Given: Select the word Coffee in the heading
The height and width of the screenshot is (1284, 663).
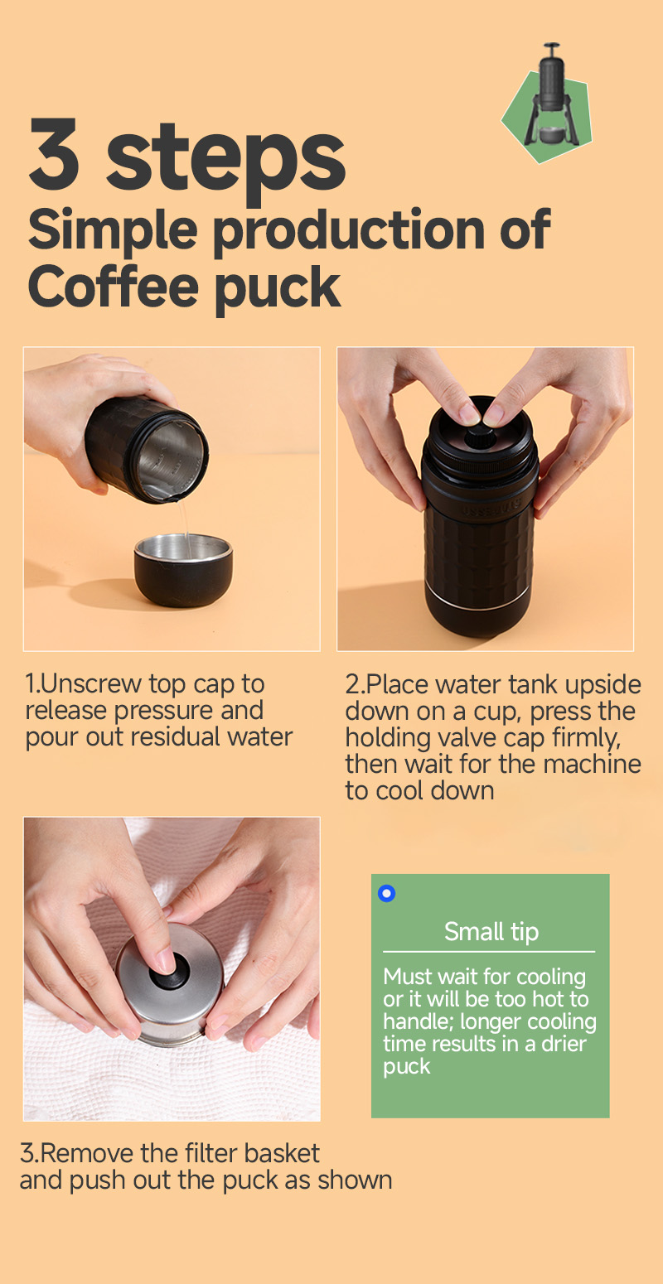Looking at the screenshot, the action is (113, 287).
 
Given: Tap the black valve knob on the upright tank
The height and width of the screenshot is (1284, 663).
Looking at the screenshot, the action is (481, 437).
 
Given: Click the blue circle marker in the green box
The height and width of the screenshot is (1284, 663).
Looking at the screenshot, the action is (386, 893).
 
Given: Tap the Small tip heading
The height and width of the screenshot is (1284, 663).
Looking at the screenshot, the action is (491, 932).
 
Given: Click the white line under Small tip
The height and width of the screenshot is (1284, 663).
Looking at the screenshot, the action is (489, 952).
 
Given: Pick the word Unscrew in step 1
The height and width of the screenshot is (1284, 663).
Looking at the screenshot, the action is (92, 684).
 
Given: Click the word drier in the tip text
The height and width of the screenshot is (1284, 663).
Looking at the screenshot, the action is (564, 1044).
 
